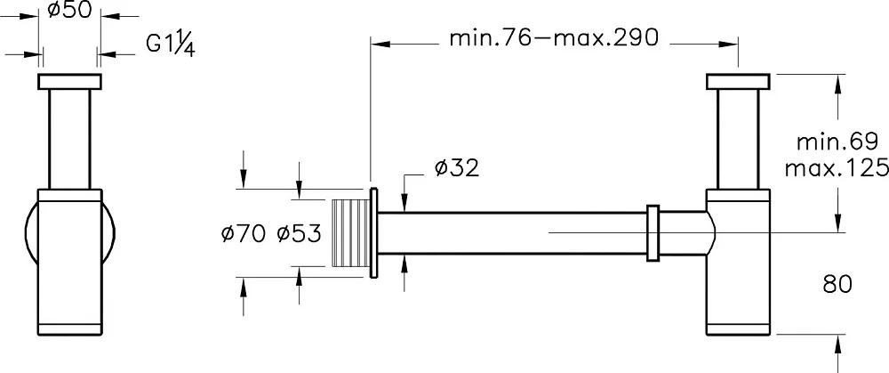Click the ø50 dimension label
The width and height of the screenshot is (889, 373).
click(69, 10)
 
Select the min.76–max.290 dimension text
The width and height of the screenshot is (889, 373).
click(554, 38)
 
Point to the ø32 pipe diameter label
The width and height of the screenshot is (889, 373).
click(457, 168)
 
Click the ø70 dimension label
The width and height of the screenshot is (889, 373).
click(244, 233)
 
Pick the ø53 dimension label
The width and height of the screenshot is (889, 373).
click(299, 233)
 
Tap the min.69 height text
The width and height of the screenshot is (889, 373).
click(837, 142)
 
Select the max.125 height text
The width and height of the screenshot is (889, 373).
click(837, 168)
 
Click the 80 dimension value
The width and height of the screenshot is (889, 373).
click(837, 285)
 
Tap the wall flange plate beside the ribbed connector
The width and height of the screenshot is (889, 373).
click(373, 232)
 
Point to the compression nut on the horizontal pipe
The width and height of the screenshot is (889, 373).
click(653, 232)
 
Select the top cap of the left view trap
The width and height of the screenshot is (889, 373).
click(69, 82)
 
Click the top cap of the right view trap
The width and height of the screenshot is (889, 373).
click(738, 82)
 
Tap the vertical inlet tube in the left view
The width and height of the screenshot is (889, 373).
click(69, 139)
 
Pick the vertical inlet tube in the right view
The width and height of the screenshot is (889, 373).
click(738, 139)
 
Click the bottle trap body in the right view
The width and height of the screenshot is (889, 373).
click(738, 262)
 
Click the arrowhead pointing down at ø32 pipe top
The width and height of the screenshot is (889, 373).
click(404, 202)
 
